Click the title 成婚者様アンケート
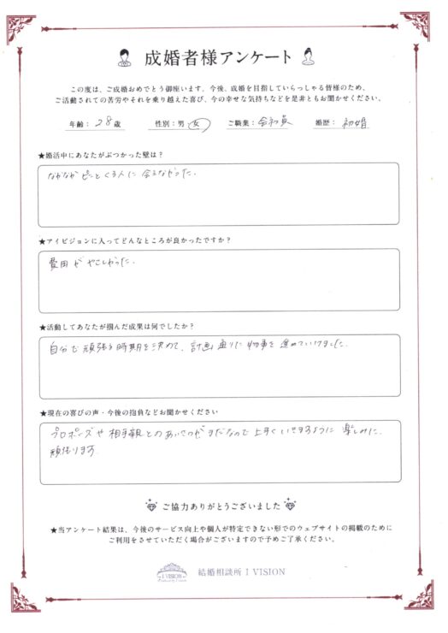coord(219,58)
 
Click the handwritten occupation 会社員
coord(275,123)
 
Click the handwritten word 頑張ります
coord(70,452)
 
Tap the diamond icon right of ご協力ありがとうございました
coord(294,505)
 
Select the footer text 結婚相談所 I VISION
coord(241,571)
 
